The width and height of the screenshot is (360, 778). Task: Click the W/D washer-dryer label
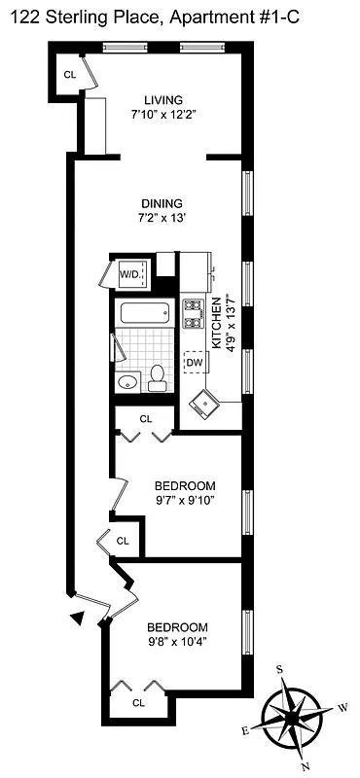(129, 275)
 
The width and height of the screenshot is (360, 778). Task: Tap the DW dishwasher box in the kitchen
(195, 362)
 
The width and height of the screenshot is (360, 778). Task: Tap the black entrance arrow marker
(75, 616)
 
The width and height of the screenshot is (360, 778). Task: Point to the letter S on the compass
(280, 669)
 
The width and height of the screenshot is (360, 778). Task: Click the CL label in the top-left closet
(69, 75)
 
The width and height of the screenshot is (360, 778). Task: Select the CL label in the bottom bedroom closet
(138, 702)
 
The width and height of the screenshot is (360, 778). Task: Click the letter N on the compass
(306, 767)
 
